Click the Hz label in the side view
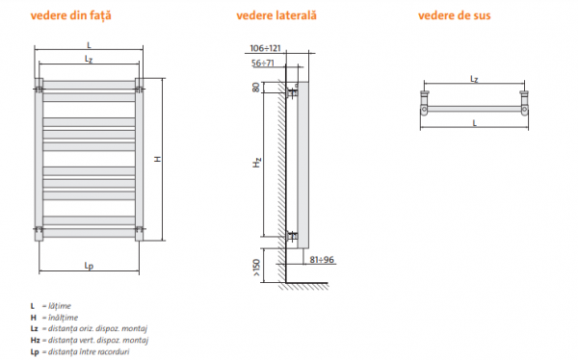(x=256, y=165)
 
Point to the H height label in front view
(x=157, y=159)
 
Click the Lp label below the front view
(x=89, y=267)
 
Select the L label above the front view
(x=89, y=45)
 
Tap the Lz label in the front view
(x=89, y=59)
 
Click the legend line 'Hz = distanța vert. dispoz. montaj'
(x=92, y=340)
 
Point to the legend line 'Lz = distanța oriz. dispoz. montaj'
(x=92, y=328)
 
